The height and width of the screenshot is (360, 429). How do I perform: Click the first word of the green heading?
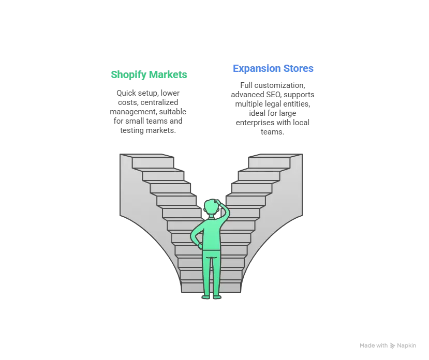tap(127, 75)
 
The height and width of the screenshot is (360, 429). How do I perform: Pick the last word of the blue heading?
tap(299, 69)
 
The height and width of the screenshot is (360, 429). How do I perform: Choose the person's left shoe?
tap(206, 296)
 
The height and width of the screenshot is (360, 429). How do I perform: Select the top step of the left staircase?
tap(153, 162)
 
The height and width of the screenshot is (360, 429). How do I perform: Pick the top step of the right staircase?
tap(269, 162)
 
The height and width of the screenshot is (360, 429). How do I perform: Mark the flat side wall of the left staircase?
tap(127, 186)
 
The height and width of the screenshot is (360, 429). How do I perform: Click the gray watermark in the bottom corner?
tap(389, 344)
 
